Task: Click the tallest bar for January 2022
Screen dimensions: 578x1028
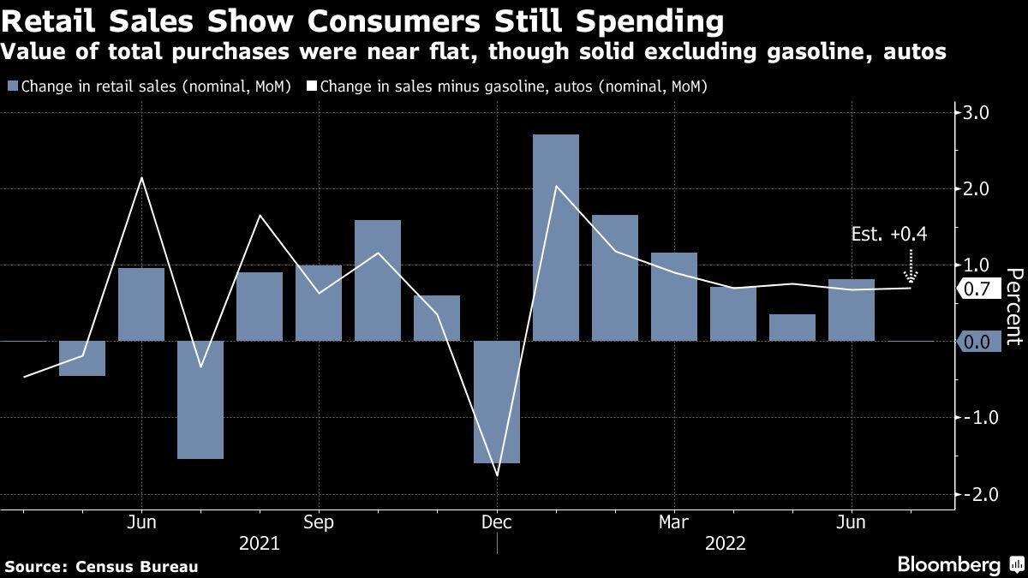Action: [x=555, y=237]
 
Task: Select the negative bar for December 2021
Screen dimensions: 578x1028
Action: [x=497, y=402]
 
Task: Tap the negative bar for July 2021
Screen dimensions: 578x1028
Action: [x=200, y=399]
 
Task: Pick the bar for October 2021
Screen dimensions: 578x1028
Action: [x=378, y=280]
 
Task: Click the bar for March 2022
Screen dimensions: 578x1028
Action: [x=674, y=296]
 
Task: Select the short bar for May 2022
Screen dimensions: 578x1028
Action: [x=792, y=327]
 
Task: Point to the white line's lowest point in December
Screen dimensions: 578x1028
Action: [x=497, y=475]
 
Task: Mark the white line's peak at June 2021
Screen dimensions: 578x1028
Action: [x=141, y=178]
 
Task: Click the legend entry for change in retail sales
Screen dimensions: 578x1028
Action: [x=150, y=86]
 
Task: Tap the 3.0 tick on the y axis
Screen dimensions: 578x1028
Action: [x=977, y=112]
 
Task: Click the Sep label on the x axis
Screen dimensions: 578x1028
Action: [x=319, y=521]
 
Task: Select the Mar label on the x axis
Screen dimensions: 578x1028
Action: [x=674, y=521]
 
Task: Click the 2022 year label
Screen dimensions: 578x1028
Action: [x=725, y=543]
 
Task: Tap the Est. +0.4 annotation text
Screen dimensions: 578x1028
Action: [x=889, y=233]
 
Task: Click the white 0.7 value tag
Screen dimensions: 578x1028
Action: [x=977, y=289]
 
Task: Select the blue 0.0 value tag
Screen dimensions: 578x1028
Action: [x=977, y=342]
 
